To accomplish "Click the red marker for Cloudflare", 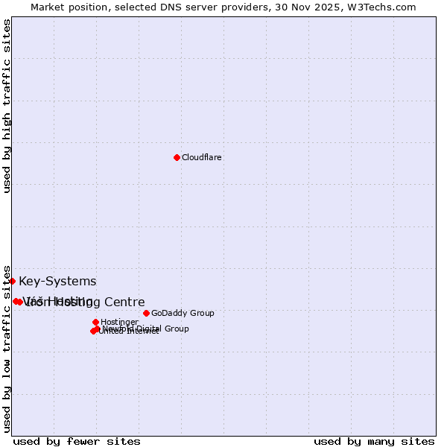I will click(177, 157).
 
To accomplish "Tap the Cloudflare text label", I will click(201, 158).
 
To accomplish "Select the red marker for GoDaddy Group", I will click(146, 313).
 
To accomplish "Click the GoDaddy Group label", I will click(183, 314).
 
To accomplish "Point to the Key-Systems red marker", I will click(13, 281).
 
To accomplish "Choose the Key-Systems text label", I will click(57, 282).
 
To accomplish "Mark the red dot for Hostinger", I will click(95, 322).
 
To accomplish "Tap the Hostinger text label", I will click(119, 323).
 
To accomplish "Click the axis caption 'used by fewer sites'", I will click(77, 441).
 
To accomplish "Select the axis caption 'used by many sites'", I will click(374, 441).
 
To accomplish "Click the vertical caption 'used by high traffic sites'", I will click(7, 107).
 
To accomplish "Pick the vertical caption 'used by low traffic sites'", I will click(7, 348).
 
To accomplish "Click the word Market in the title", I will click(47, 7).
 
